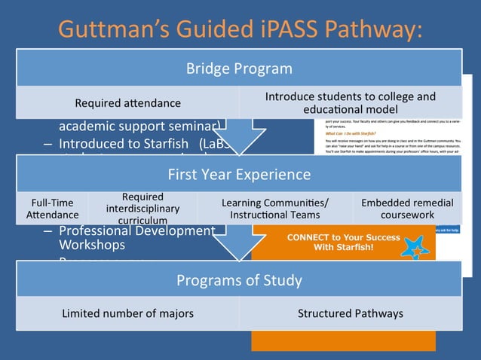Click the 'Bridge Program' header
coord(239,69)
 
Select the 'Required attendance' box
coord(127,102)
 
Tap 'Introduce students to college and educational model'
coord(350,102)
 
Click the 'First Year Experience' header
coord(239,175)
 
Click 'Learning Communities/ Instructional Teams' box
coord(274,209)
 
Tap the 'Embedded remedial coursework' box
coord(407,209)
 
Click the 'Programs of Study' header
coord(239,281)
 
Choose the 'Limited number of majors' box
coord(127,313)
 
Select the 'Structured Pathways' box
coord(350,313)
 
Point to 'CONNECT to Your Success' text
coord(343,237)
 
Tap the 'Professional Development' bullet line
coord(136,230)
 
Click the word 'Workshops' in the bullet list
coord(92,245)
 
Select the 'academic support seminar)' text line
coord(139,126)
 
